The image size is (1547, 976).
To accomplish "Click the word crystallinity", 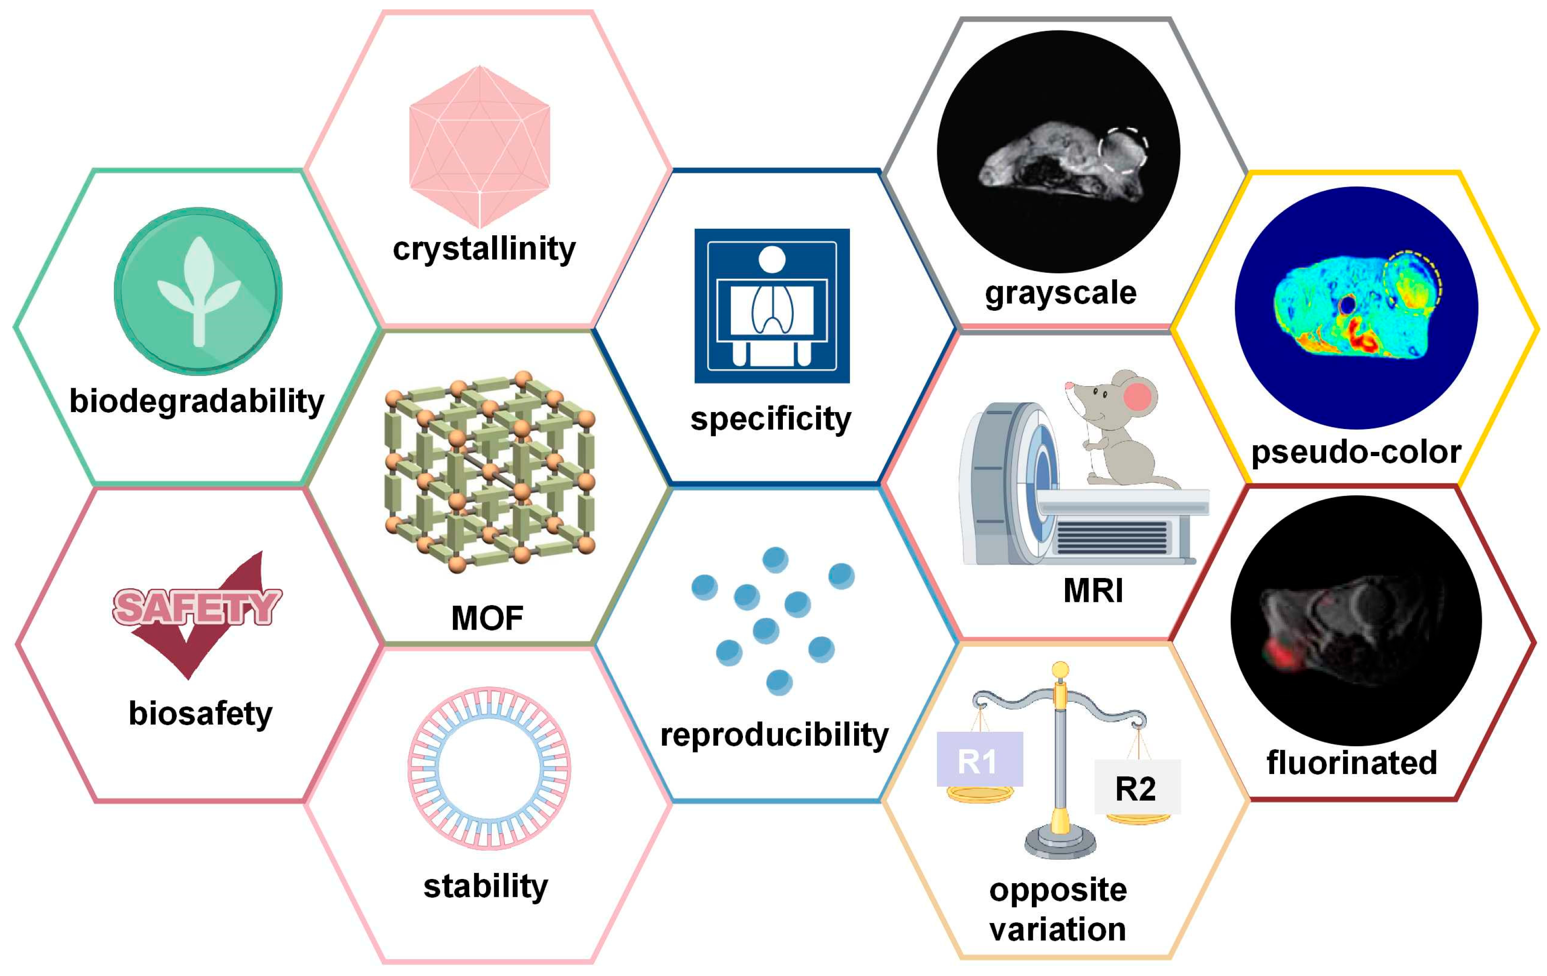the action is coord(484,249).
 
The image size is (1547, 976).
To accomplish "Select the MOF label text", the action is coord(487,618).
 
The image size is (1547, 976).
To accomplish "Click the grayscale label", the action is coord(1061,293).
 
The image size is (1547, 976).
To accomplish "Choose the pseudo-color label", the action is coord(1356,452).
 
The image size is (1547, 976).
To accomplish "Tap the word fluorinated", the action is coord(1352,763).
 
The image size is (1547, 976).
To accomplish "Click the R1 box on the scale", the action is coord(979,759).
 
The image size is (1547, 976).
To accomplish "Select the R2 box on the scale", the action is coord(1137,787).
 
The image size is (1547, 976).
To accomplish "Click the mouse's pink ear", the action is coord(1138,397).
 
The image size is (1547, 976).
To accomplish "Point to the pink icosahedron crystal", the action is coord(479,147).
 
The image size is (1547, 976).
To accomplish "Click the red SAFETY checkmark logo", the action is coord(196,614).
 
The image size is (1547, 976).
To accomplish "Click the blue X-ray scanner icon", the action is coord(772,306).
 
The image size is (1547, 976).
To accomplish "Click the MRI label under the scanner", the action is coord(1093,591).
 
